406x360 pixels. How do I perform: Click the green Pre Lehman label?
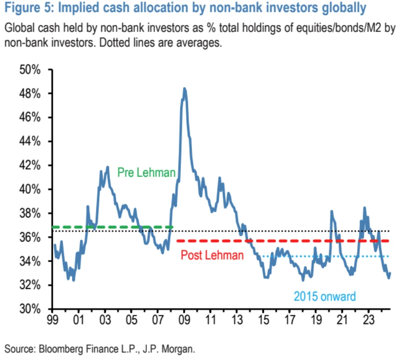[x=146, y=173]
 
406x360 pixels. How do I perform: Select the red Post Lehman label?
[x=212, y=255]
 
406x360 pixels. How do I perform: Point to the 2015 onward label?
[x=324, y=296]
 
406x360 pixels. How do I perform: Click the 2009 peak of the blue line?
[x=184, y=89]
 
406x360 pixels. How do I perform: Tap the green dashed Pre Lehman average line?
[x=114, y=227]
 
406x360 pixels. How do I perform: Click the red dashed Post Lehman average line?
[x=283, y=241]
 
